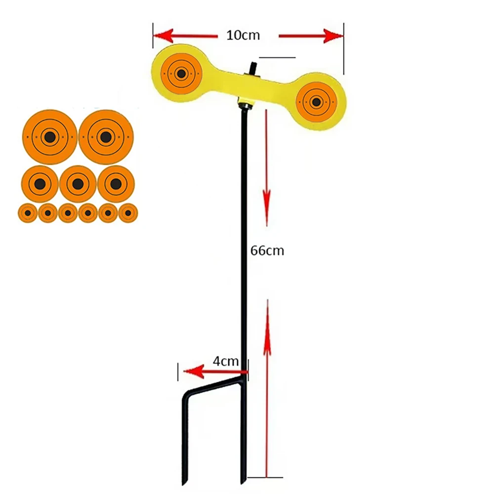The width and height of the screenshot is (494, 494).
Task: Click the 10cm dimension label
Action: tap(243, 36)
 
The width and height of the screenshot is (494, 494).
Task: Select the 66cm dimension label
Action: tap(267, 250)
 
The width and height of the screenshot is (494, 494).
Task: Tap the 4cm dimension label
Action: tap(226, 361)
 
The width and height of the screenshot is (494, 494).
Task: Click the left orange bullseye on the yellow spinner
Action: tap(181, 74)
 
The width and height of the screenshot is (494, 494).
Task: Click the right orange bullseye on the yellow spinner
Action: tap(316, 102)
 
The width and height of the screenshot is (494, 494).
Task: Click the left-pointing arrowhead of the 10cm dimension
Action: tap(163, 36)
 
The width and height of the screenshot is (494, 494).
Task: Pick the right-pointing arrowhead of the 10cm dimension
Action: tap(334, 36)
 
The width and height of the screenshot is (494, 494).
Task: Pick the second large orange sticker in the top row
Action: tap(105, 137)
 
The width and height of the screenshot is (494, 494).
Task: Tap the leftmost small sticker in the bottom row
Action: tap(28, 213)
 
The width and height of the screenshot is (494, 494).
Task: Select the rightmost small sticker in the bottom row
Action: tap(128, 213)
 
